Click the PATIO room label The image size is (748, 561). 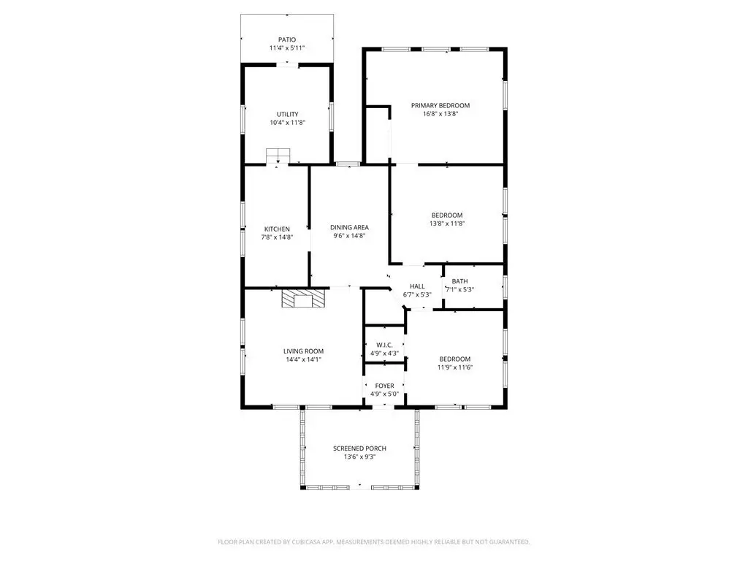tap(287, 39)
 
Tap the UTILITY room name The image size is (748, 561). tap(287, 114)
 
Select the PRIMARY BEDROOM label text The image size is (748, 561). tap(440, 105)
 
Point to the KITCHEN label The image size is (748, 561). tap(277, 229)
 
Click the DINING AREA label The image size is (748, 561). tap(349, 228)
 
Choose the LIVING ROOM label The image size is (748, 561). tap(303, 351)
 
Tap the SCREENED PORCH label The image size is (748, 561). tap(359, 449)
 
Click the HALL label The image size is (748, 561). tap(417, 286)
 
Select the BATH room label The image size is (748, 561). tap(460, 281)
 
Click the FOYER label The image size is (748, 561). tap(384, 386)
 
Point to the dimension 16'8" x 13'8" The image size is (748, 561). tap(440, 113)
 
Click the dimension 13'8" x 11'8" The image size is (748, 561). tap(447, 224)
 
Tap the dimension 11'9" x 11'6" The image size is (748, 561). tap(455, 367)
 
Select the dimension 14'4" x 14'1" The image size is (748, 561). tap(303, 359)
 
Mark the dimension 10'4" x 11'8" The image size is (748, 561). tap(287, 123)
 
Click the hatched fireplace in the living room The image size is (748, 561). tap(303, 298)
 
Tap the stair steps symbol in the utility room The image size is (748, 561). tap(278, 156)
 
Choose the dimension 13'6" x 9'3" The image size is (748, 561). tap(359, 457)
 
